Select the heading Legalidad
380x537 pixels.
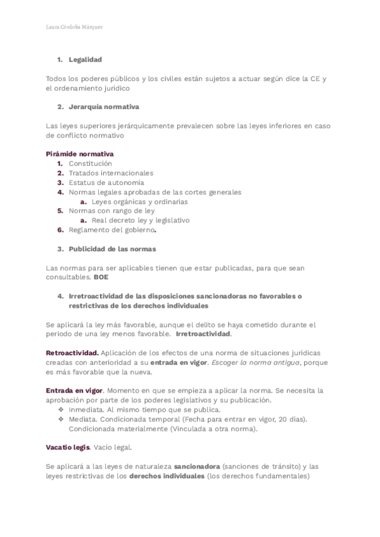pos(85,60)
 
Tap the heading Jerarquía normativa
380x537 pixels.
pos(104,107)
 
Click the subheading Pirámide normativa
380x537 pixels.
pos(80,154)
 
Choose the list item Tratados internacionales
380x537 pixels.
pos(111,173)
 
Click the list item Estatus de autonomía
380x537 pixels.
pos(106,182)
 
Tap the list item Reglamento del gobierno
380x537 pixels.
pos(112,230)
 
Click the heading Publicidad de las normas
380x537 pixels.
pos(112,249)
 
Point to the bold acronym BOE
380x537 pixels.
pos(101,277)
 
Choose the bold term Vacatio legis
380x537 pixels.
pos(68,448)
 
